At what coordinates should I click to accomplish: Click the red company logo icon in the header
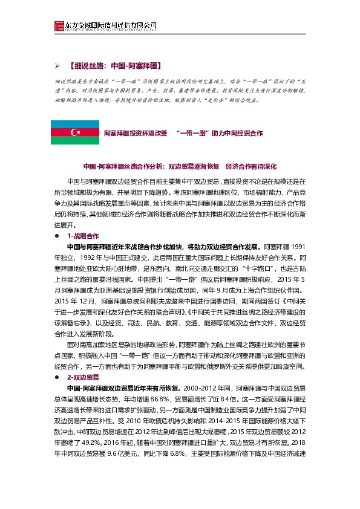pos(59,25)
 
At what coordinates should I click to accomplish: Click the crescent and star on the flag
pos(74,132)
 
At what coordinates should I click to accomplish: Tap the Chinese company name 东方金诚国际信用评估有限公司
pos(108,22)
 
